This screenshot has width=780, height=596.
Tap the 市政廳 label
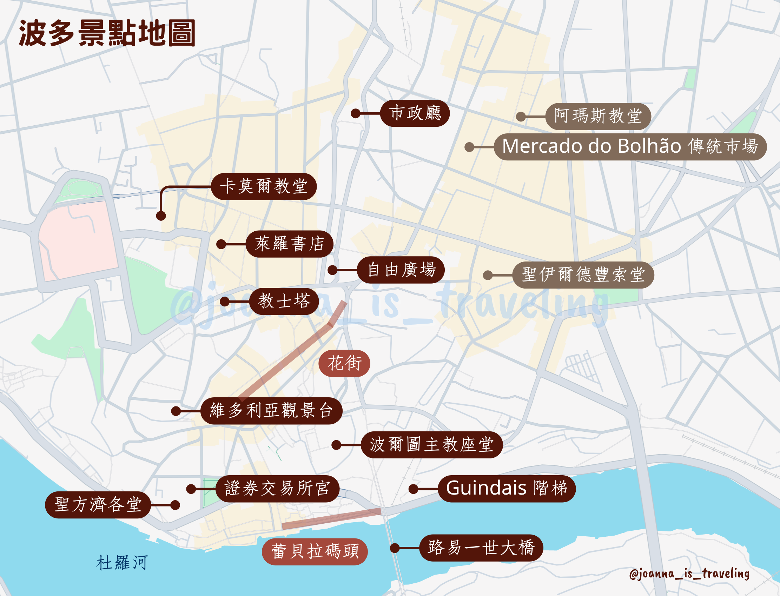pos(415,113)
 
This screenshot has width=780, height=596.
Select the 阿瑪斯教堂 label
pos(598,117)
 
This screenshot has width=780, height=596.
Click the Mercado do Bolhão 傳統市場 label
pos(630,146)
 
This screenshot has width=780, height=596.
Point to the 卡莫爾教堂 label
pos(264,186)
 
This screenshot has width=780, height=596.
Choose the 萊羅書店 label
pos(289,244)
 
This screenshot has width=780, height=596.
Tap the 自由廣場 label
pos(401,270)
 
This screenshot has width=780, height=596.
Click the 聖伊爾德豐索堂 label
pos(583,274)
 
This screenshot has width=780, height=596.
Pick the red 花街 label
pos(344,363)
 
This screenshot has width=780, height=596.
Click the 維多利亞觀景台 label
pos(271,411)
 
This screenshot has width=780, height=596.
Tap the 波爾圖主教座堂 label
pos(431,444)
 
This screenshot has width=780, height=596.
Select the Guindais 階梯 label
pos(506,489)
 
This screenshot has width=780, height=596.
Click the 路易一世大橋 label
pos(481,548)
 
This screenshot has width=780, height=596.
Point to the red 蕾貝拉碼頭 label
pos(315,552)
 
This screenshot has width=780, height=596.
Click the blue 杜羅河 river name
pos(122,563)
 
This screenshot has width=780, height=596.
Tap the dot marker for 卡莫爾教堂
pos(161,216)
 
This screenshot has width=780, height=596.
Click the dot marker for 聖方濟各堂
pos(175,505)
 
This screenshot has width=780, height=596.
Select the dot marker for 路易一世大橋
pos(395,548)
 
